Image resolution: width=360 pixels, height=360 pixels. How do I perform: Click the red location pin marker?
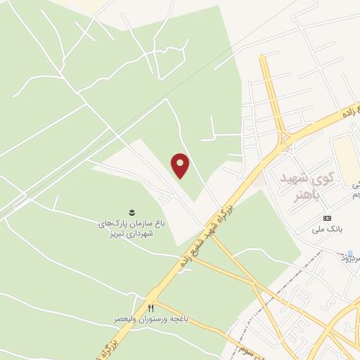(x=181, y=165)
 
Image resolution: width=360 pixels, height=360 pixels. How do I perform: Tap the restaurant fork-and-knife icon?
(x=150, y=308)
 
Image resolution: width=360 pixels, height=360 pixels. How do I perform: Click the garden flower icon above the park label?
(x=131, y=211)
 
